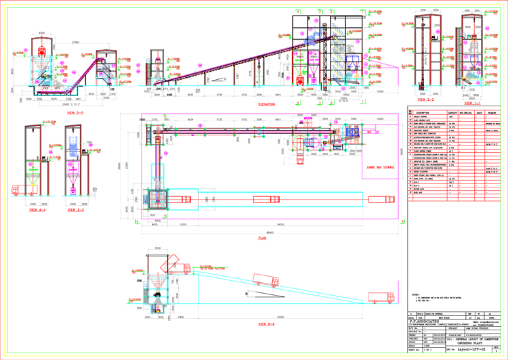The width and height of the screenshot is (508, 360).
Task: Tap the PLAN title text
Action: tap(262, 238)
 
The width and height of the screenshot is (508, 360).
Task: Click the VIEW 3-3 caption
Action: tap(75, 211)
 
